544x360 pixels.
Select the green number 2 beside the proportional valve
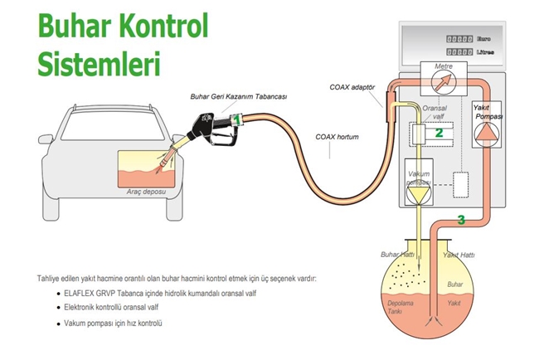pyautogui.click(x=440, y=131)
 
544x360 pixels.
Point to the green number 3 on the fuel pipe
pyautogui.click(x=460, y=220)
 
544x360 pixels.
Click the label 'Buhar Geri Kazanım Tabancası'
pyautogui.click(x=238, y=97)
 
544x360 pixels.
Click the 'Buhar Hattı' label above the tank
pyautogui.click(x=396, y=254)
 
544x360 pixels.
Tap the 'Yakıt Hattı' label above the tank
pyautogui.click(x=459, y=254)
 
